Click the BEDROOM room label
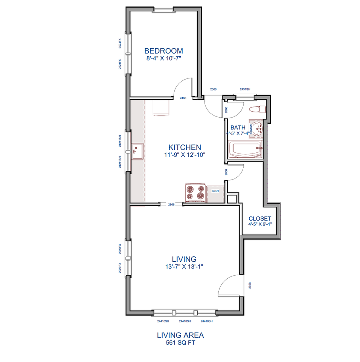(164, 51)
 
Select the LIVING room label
(184, 259)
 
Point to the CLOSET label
(260, 219)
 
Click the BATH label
(238, 127)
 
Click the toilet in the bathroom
(258, 109)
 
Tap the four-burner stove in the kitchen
(195, 193)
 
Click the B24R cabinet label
(215, 191)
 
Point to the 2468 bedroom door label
(183, 98)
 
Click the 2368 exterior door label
(213, 89)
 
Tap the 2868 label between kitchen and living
(172, 204)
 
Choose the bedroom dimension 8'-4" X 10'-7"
(164, 58)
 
